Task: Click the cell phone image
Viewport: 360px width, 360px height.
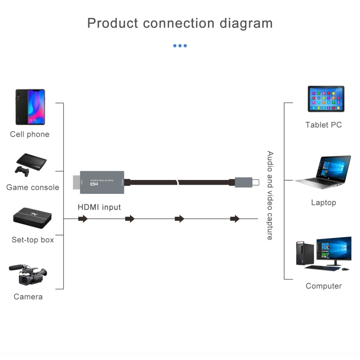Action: pos(30,107)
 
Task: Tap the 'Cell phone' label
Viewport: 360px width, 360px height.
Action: pos(30,134)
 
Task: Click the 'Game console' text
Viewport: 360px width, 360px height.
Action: pos(33,187)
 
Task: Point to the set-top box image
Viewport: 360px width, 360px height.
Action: pos(32,218)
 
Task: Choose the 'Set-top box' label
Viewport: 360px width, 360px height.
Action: pos(33,240)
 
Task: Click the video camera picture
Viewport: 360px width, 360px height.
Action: pos(28,275)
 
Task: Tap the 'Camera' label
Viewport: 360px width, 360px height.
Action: pos(28,297)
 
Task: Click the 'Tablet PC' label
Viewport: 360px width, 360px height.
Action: pos(324,125)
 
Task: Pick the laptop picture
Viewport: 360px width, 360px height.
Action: pos(324,172)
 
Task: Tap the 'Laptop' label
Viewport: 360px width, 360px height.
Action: pos(324,203)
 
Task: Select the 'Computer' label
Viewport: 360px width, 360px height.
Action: pos(324,286)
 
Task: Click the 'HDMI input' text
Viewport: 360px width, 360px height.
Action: pos(99,207)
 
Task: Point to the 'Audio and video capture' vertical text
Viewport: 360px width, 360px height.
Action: pos(270,195)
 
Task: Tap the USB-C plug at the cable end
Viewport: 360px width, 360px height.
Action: pos(247,182)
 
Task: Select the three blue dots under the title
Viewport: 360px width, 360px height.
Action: pos(180,46)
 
